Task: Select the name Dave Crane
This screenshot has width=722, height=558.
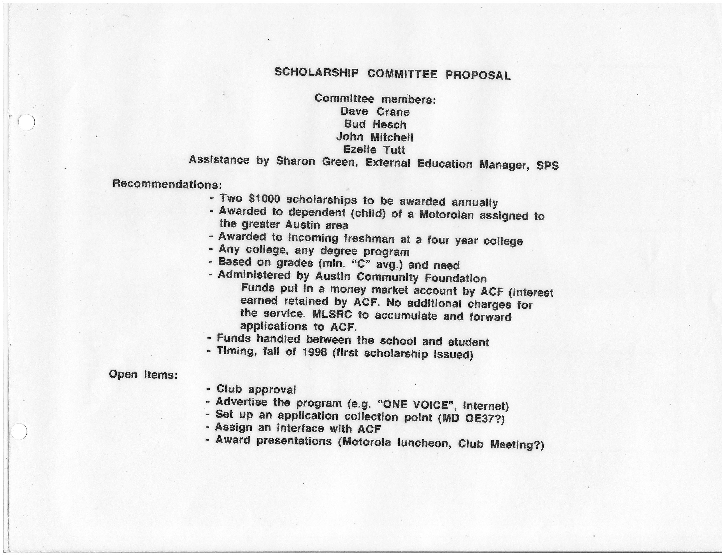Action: click(375, 112)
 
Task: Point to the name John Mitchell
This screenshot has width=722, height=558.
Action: click(374, 137)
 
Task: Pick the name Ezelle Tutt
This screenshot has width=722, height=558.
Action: click(374, 150)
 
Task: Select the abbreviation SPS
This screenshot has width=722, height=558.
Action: click(547, 165)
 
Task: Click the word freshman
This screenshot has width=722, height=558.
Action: click(369, 239)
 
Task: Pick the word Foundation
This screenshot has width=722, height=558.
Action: click(456, 278)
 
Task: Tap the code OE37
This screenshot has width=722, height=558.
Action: click(479, 418)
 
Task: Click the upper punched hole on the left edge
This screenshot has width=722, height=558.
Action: click(26, 122)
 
